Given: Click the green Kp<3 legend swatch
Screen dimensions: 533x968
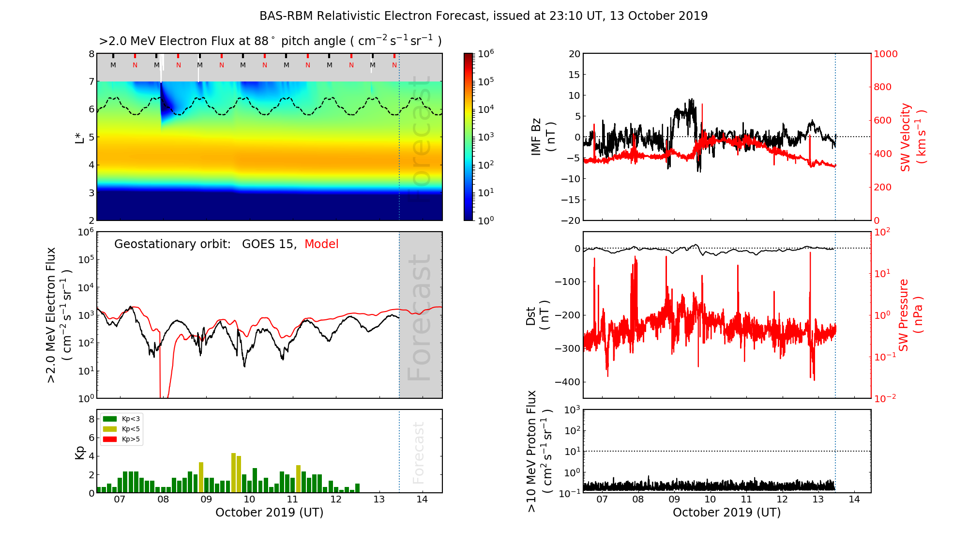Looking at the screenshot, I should coord(110,419).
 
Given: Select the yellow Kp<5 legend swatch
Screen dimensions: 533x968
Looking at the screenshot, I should coord(110,429).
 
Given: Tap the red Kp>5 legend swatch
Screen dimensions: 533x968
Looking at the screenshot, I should coord(110,439).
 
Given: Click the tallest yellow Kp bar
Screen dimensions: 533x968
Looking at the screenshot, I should coord(233,472).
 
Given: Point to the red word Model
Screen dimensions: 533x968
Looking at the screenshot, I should coord(321,244).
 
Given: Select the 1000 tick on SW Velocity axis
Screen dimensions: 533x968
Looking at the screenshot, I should coord(885,54).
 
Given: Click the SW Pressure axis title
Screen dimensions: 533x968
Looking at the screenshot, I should coord(910,315).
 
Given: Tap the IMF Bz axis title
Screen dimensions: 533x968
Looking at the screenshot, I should coord(543,137).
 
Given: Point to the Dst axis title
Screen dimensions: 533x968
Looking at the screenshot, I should coord(537,315).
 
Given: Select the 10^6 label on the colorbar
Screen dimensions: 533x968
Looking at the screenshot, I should coord(486,54).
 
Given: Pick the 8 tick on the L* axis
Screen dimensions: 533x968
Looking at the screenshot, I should coord(91,54).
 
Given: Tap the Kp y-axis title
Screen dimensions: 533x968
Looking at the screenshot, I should coord(79,452).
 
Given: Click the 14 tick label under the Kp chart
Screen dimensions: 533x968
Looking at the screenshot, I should coord(422,500).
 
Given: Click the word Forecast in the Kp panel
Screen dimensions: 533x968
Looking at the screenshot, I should coord(418,453).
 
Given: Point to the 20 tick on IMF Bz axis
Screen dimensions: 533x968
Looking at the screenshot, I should coord(574,54).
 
